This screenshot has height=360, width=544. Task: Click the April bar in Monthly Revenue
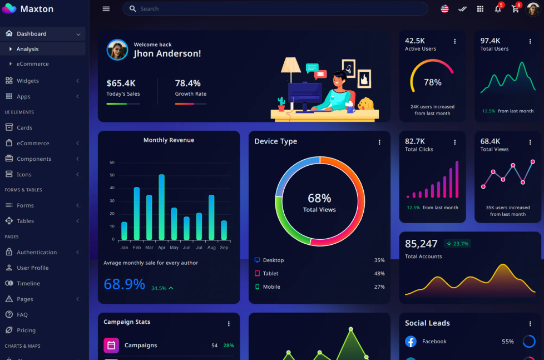[162, 207]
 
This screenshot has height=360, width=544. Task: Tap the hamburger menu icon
[106, 9]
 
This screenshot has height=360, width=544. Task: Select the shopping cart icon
[515, 9]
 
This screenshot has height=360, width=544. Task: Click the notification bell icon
[498, 9]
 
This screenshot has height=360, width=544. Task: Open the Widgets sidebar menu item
[28, 81]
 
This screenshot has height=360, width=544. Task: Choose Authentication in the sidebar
[37, 252]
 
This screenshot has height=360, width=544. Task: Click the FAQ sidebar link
[22, 314]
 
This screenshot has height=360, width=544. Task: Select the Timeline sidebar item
[28, 283]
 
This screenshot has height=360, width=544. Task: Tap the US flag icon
[444, 9]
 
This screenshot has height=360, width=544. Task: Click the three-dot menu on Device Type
[379, 142]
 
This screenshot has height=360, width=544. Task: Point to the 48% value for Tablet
[379, 274]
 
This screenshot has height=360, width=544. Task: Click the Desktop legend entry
[273, 260]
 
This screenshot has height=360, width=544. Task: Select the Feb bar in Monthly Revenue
[137, 214]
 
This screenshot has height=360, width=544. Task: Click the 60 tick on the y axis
[112, 162]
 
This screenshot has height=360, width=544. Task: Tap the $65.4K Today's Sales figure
[121, 83]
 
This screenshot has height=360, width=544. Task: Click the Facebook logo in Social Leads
[411, 342]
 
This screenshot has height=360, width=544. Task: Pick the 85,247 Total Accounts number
[421, 244]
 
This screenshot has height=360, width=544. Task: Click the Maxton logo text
[37, 9]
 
